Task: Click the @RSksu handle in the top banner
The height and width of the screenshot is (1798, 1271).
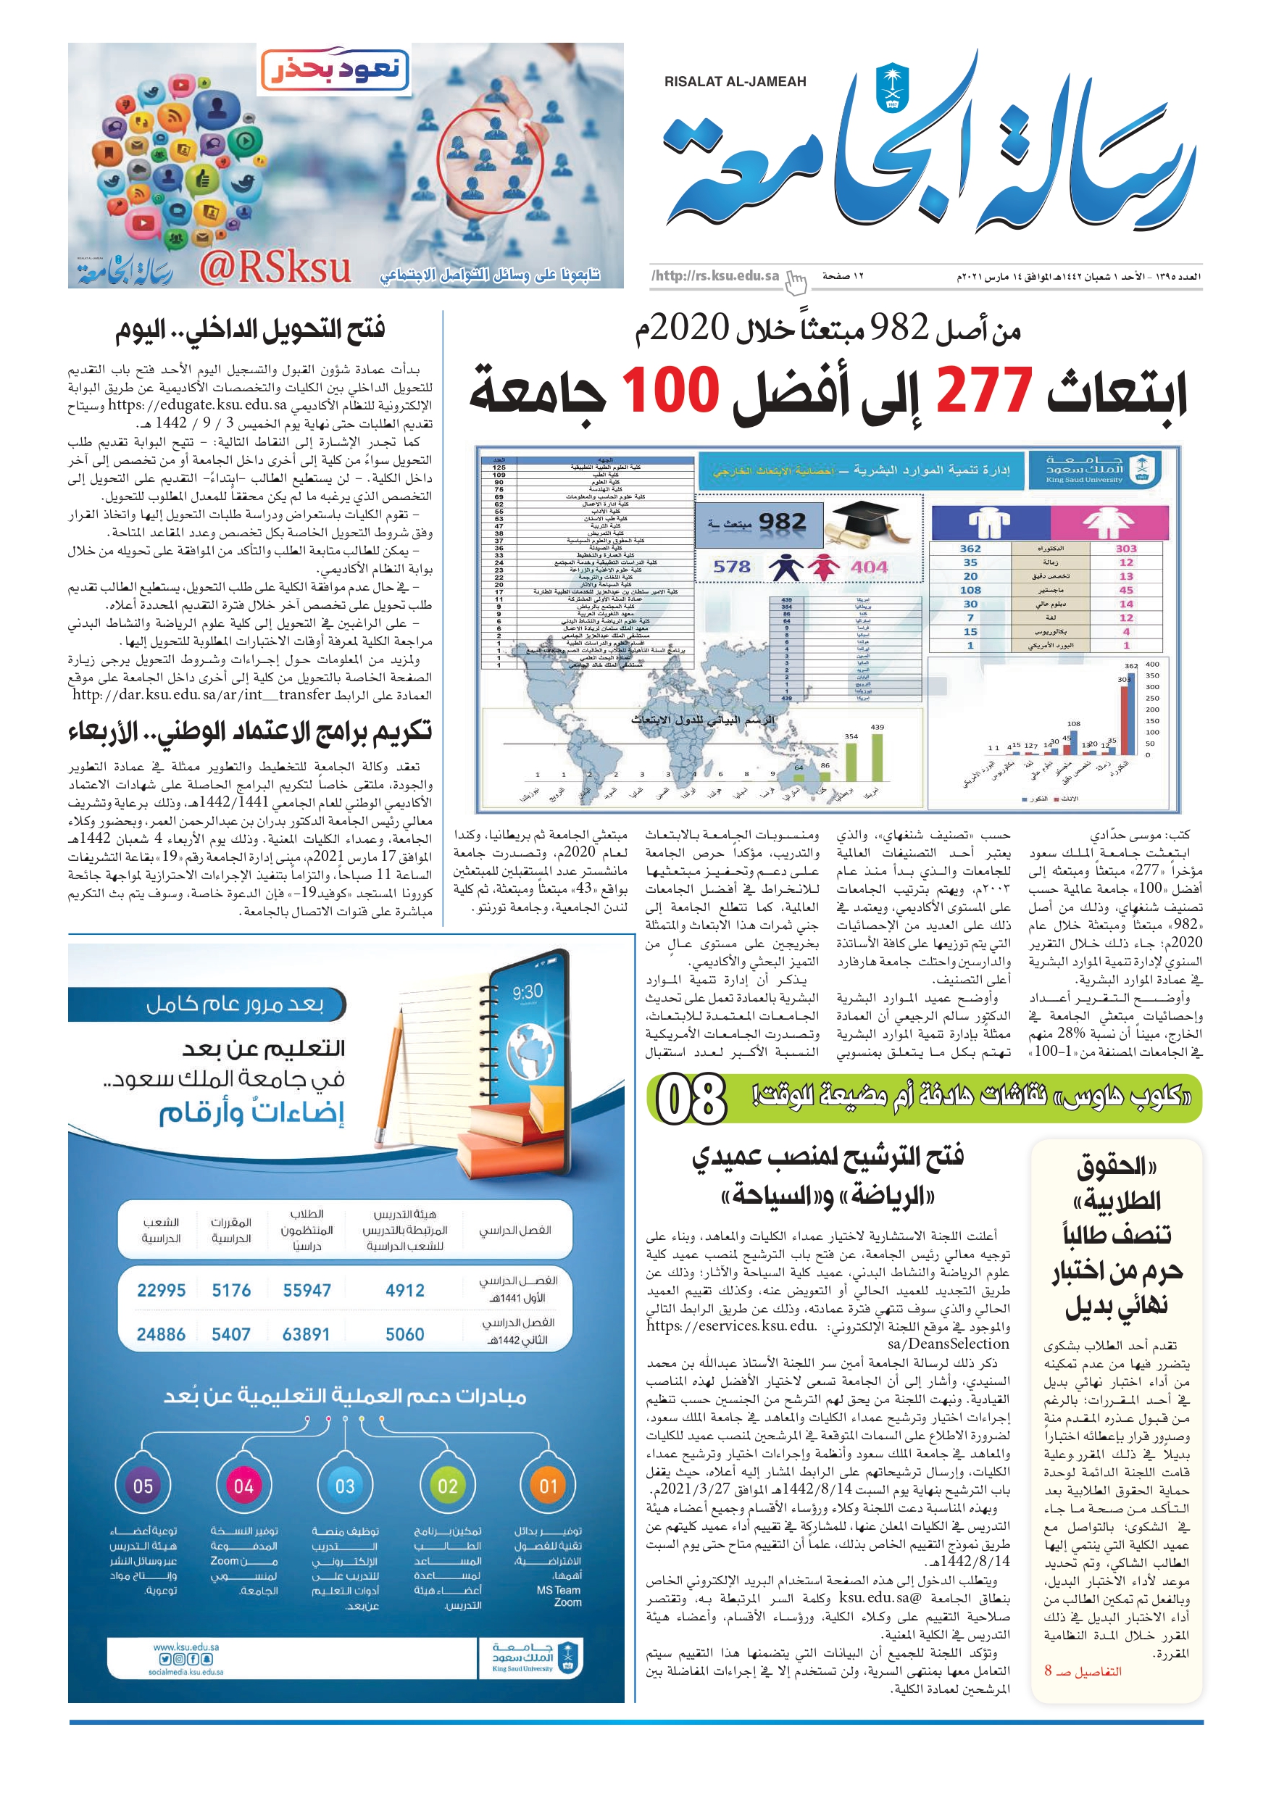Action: coord(275,268)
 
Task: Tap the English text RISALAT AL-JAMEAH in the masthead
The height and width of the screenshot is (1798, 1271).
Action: coord(735,81)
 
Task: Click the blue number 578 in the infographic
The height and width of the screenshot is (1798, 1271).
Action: coord(731,566)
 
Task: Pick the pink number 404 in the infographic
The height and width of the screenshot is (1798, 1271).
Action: coord(870,566)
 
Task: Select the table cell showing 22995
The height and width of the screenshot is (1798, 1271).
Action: coord(162,1290)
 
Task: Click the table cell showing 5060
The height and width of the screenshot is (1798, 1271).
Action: coord(405,1333)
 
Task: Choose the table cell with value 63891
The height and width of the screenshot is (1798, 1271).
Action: coord(307,1333)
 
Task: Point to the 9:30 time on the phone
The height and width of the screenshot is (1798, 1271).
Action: coord(527,992)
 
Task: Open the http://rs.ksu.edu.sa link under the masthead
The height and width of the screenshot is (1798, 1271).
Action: coord(715,275)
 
